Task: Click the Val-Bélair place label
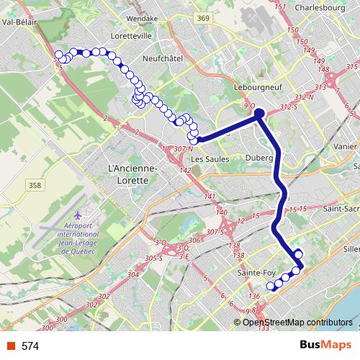click(20, 22)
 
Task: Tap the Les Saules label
click(207, 159)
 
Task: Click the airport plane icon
click(77, 216)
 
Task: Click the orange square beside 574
click(10, 346)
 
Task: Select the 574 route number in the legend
click(30, 346)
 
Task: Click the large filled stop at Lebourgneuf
click(259, 112)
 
